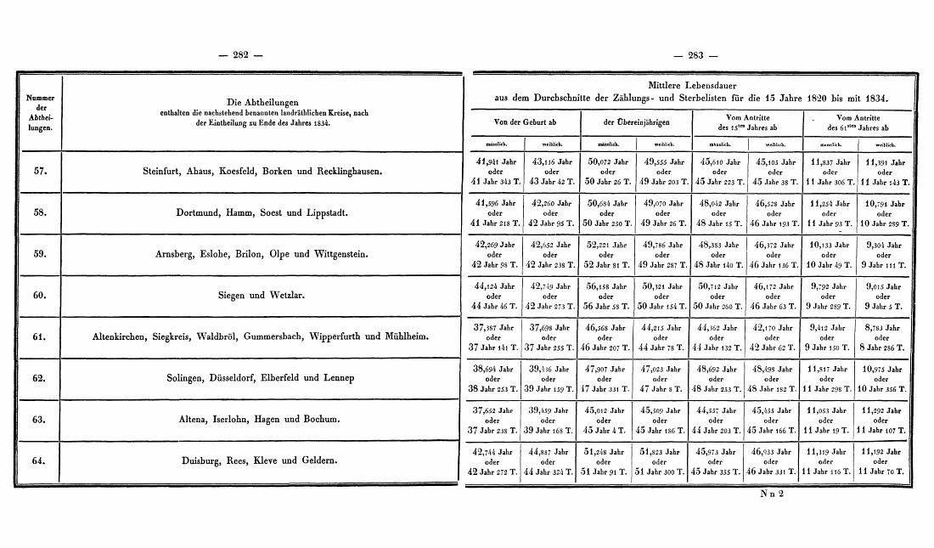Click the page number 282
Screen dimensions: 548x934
pos(240,56)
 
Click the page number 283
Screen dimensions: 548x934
pos(696,56)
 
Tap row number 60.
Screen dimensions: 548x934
pos(39,296)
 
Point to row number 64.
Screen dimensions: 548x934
pos(39,461)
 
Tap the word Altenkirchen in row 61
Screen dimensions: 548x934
pos(124,337)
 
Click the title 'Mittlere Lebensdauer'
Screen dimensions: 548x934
pos(692,87)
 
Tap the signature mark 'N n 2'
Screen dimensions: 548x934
pos(773,494)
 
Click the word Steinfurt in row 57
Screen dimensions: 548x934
pos(166,172)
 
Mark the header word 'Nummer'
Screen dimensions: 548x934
pos(39,99)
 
